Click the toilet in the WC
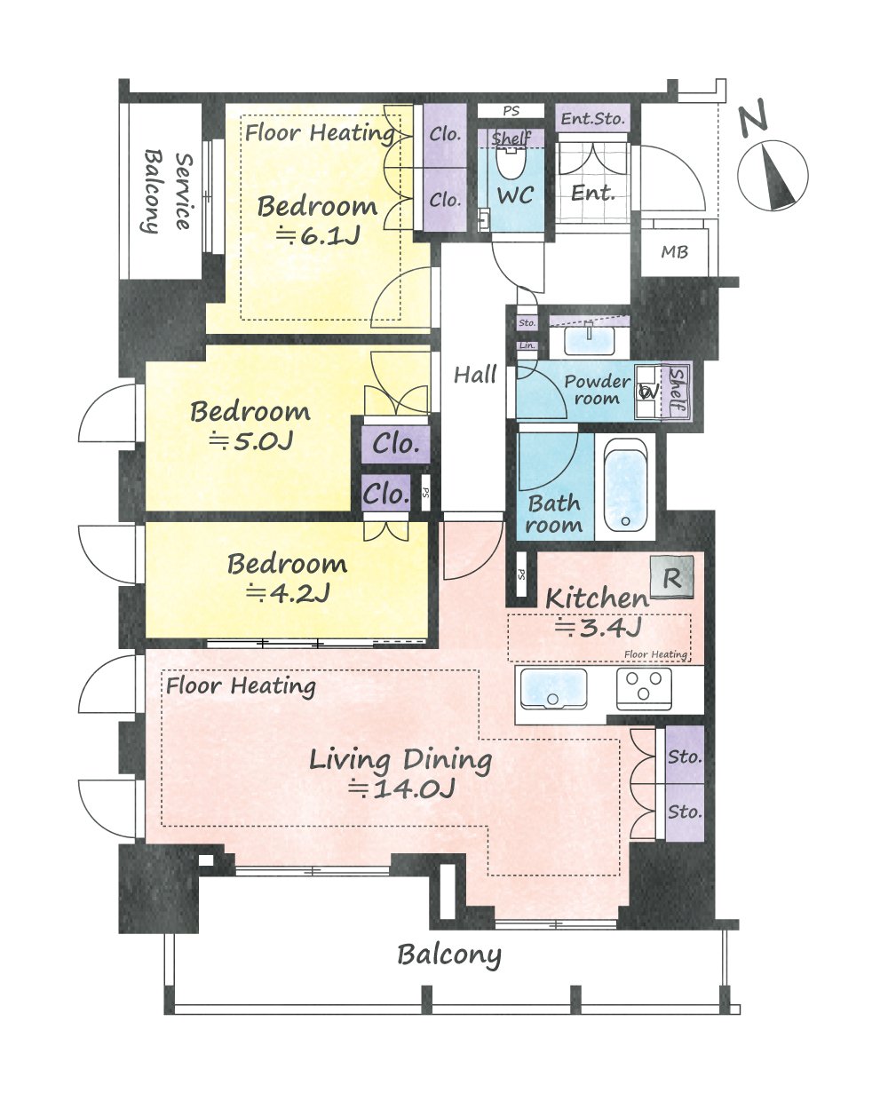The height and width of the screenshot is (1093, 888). (x=511, y=162)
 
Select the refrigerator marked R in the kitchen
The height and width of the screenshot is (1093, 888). (x=672, y=578)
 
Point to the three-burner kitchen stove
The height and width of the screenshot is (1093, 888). (x=644, y=689)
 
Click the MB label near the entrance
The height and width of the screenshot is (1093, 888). (x=674, y=252)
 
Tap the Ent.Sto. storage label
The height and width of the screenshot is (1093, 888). (x=593, y=119)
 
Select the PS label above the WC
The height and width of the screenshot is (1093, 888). (x=511, y=110)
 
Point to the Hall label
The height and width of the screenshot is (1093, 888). (x=475, y=375)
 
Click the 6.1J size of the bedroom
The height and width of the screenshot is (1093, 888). (x=318, y=236)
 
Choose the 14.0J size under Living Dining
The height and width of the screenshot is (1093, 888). (x=401, y=788)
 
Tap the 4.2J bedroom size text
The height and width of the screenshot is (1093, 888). (x=288, y=594)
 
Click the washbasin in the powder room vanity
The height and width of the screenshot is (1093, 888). (x=590, y=341)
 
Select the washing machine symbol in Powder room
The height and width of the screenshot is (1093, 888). (x=647, y=392)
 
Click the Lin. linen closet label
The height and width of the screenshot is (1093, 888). (x=527, y=345)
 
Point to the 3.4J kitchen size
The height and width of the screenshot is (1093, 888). (x=599, y=627)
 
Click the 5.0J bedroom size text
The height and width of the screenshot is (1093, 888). (x=251, y=440)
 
